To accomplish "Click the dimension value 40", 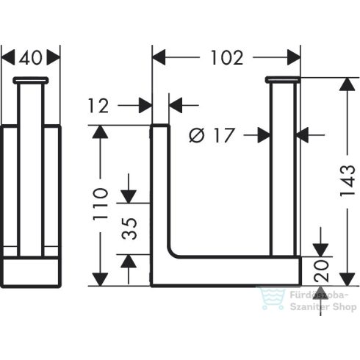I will (31, 57).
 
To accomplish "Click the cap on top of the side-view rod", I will (283, 79).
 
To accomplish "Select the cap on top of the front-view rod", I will (31, 79).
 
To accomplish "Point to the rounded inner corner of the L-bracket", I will (175, 251).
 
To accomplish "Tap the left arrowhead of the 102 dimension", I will (157, 57).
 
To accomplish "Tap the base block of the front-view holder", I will (31, 272).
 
